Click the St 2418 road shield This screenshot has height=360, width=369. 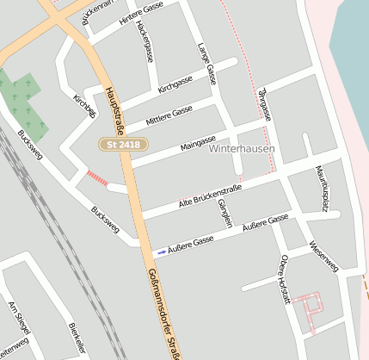pos(124,145)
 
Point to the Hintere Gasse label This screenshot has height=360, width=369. pos(143,13)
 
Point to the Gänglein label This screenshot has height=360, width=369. pos(224,212)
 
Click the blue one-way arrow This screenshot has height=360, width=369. pos(163,251)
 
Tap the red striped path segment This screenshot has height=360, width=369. pos(96,178)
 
